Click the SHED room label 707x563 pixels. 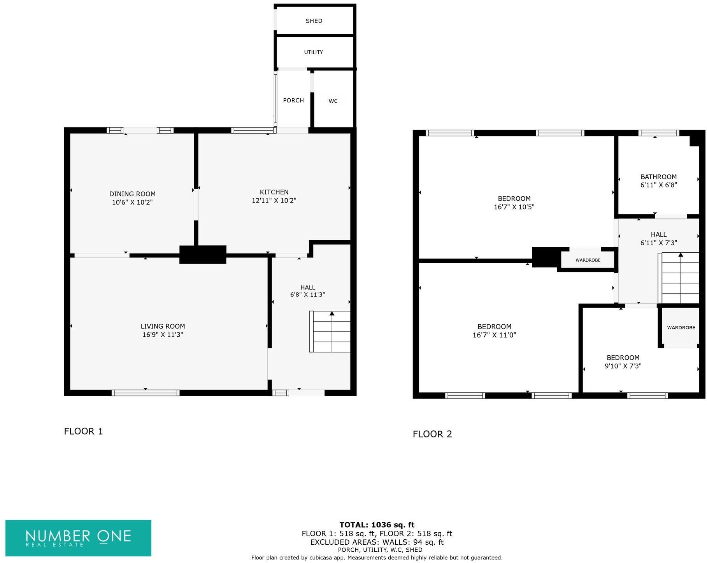pos(314,21)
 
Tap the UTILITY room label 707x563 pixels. pos(313,52)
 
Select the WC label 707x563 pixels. pos(333,101)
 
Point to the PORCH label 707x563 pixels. pos(293,100)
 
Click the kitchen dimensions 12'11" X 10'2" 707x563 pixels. pos(274,201)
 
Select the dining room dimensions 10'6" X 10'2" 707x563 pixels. pos(132,202)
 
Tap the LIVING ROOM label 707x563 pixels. pos(163,326)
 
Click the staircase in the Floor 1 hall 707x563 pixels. pos(330,332)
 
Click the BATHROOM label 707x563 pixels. pos(658,177)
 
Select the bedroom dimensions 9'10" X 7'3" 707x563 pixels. pos(623,366)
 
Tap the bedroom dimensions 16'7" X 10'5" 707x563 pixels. pos(514,207)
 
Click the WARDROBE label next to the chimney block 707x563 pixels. pos(588,260)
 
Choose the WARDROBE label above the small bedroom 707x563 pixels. pos(681,328)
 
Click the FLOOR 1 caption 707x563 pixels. pos(83,431)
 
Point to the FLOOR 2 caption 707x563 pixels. pos(432,434)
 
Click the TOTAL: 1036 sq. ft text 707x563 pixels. pos(377,525)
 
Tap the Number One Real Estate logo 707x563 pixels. pos(78,538)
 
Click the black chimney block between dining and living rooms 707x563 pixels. pos(202,255)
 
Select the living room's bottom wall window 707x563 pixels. pos(145,393)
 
